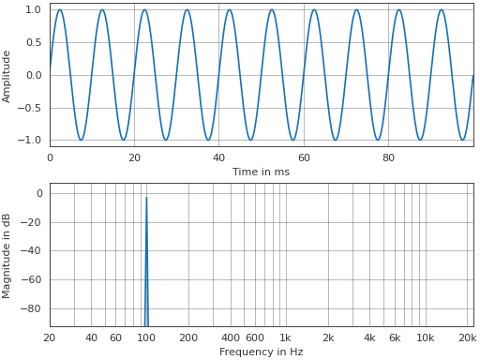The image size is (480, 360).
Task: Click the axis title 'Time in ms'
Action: (x=261, y=172)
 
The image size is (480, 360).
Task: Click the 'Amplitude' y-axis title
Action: (x=7, y=75)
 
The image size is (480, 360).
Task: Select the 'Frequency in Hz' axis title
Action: (x=261, y=352)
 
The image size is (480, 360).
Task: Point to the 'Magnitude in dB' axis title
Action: (x=7, y=255)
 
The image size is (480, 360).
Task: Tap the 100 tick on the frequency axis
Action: (x=145, y=337)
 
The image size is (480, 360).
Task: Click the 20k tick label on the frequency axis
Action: (x=467, y=337)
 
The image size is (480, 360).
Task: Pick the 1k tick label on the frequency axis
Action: (x=285, y=337)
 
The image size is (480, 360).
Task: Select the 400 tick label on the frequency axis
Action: (x=230, y=337)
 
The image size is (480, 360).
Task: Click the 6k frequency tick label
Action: (x=395, y=337)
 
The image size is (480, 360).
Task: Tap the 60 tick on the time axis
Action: (x=304, y=157)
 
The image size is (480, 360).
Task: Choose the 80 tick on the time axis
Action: (x=388, y=157)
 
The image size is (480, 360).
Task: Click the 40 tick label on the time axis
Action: (x=218, y=157)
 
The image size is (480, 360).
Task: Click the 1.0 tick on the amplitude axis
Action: (x=33, y=9)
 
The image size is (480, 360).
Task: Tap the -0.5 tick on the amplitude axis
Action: (x=31, y=108)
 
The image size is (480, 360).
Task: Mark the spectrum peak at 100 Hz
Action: (x=146, y=197)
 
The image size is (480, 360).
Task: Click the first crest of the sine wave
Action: (x=60, y=10)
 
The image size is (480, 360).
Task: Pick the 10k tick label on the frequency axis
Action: (x=426, y=337)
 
